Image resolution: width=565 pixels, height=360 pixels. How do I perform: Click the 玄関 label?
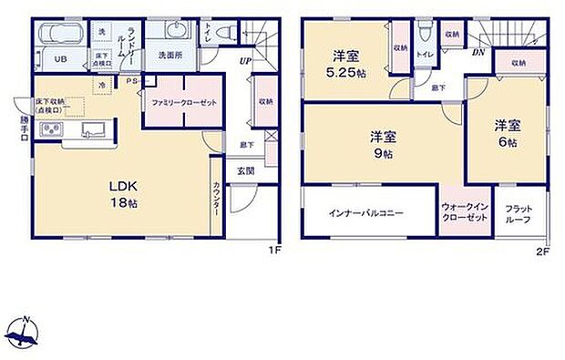[x=246, y=170]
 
